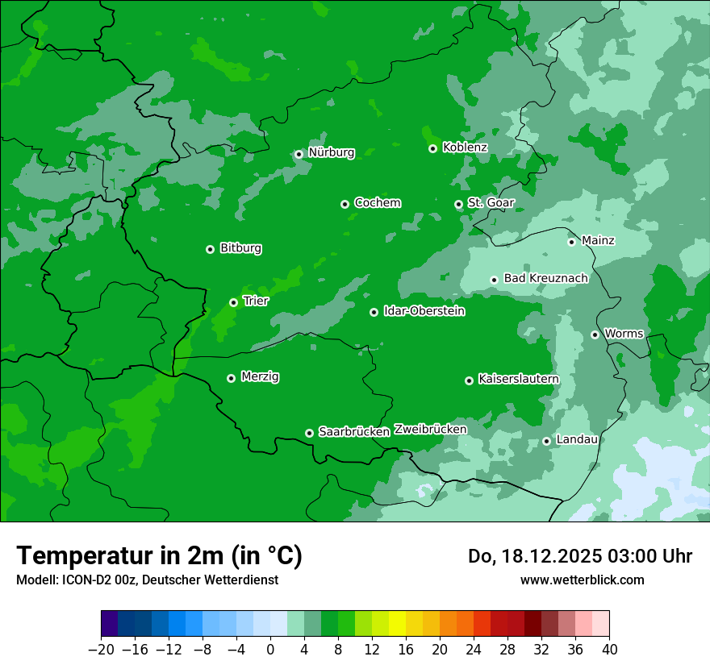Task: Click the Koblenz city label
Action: point(465,148)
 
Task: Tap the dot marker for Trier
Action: point(233,302)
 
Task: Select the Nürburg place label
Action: point(331,152)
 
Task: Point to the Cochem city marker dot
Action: point(345,204)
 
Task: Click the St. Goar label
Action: point(491,202)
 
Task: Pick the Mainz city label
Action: point(598,240)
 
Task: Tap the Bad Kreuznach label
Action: point(545,278)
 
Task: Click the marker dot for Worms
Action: point(595,334)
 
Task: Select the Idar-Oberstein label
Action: point(424,310)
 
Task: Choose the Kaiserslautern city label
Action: point(518,379)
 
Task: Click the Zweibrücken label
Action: point(430,429)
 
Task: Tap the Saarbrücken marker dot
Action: point(309,433)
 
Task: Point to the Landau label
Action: point(577,439)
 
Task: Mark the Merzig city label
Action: point(260,376)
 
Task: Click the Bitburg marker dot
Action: point(210,249)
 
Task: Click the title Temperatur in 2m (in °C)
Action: point(159,555)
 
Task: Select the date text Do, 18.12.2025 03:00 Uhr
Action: point(580,556)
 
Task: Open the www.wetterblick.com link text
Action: point(582,580)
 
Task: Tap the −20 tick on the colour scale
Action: point(101,650)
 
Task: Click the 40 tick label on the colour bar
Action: point(609,650)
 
